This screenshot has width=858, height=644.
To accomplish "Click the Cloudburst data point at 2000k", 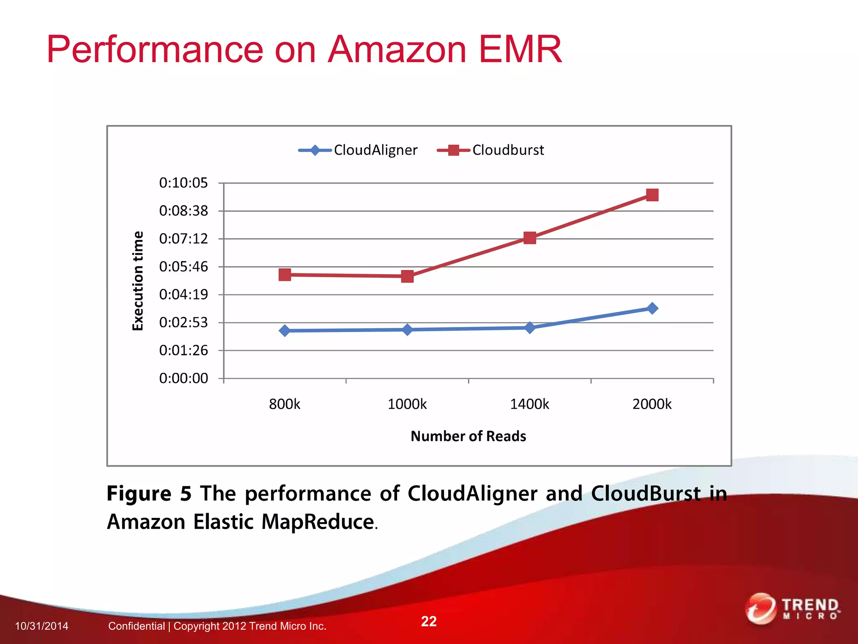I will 652,195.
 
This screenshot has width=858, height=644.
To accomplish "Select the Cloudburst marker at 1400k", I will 530,238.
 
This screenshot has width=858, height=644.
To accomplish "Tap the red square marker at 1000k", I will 407,276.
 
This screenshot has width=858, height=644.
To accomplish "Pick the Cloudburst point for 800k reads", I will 285,275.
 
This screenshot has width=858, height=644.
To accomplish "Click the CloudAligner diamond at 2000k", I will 652,309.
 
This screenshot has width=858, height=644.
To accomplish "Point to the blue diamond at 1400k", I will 530,327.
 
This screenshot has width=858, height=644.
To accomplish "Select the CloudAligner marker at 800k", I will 285,331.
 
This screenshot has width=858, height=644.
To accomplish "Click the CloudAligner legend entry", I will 358,150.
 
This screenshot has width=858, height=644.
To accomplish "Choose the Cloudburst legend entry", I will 491,150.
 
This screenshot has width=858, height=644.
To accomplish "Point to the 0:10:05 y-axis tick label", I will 183,183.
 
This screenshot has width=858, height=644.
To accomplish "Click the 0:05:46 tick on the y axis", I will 183,267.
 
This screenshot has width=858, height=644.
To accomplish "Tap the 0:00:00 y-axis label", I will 183,378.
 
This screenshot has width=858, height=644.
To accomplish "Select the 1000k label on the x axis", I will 407,404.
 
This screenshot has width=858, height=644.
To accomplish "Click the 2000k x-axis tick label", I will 652,404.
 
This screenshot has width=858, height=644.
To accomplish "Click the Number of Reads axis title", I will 468,436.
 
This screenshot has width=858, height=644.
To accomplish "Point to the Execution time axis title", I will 138,280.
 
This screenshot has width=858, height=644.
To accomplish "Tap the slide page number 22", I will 429,621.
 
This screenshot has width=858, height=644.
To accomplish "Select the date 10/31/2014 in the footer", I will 41,626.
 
